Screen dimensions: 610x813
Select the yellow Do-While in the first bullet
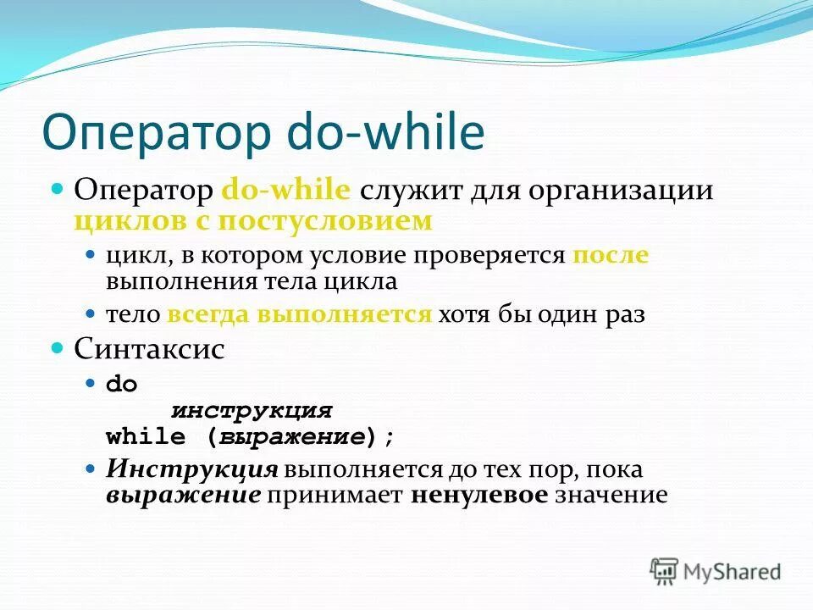(x=285, y=190)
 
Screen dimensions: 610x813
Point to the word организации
(x=621, y=190)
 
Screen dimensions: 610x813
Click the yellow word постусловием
(x=325, y=221)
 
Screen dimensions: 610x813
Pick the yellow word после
(x=610, y=255)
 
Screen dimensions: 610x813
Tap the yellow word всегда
(x=209, y=315)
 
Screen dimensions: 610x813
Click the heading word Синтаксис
(x=149, y=349)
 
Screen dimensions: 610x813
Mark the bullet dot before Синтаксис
(x=58, y=348)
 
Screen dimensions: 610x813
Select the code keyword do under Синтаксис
(x=121, y=384)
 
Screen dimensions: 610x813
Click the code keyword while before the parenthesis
(x=145, y=437)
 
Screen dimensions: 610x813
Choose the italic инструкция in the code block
(x=252, y=411)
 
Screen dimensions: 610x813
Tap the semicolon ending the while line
(x=390, y=438)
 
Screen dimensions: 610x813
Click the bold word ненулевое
(x=479, y=495)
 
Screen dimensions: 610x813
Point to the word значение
(x=611, y=495)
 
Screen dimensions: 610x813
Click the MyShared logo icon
(x=665, y=571)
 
